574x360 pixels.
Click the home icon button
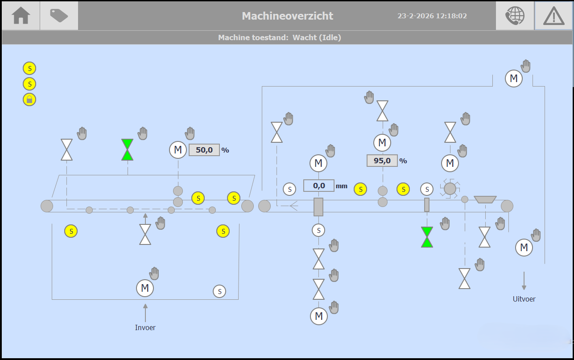click(21, 16)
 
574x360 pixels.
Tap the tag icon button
click(59, 16)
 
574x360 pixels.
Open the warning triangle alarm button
click(553, 16)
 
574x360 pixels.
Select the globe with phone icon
click(515, 16)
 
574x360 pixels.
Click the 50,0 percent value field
click(204, 150)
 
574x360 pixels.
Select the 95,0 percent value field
click(382, 161)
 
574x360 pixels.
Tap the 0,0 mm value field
click(319, 186)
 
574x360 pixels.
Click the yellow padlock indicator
click(29, 99)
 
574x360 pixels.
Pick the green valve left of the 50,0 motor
click(128, 149)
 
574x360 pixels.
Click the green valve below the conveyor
click(427, 237)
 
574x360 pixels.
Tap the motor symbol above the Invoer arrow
click(145, 288)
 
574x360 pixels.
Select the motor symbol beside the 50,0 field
click(178, 149)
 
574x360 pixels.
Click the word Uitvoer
click(524, 299)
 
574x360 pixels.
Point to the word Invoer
click(145, 327)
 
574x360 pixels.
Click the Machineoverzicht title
click(288, 16)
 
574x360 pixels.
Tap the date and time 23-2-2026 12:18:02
click(432, 16)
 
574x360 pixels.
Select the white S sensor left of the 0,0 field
click(289, 189)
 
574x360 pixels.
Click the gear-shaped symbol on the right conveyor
click(450, 189)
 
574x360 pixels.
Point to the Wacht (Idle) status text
click(317, 37)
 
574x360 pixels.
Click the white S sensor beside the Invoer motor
click(219, 291)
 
